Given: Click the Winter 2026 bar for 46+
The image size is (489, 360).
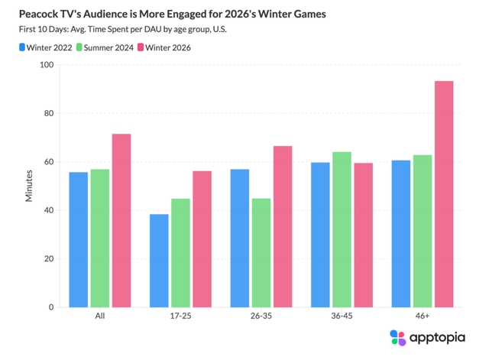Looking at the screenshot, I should pyautogui.click(x=444, y=194).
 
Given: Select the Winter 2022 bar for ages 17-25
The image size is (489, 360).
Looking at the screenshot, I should pyautogui.click(x=159, y=261).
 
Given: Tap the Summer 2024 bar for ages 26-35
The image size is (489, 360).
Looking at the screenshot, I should pyautogui.click(x=261, y=253).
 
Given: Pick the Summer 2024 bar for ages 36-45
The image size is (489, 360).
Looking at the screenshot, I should pyautogui.click(x=342, y=229).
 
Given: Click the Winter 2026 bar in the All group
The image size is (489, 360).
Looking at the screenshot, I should pyautogui.click(x=121, y=221).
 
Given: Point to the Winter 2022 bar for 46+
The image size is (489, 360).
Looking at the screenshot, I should pyautogui.click(x=401, y=234).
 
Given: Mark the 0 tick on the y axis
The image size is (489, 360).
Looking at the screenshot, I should pyautogui.click(x=50, y=307).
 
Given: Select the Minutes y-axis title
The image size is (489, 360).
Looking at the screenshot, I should pyautogui.click(x=29, y=186).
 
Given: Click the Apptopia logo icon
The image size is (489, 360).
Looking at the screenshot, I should pyautogui.click(x=398, y=338).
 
